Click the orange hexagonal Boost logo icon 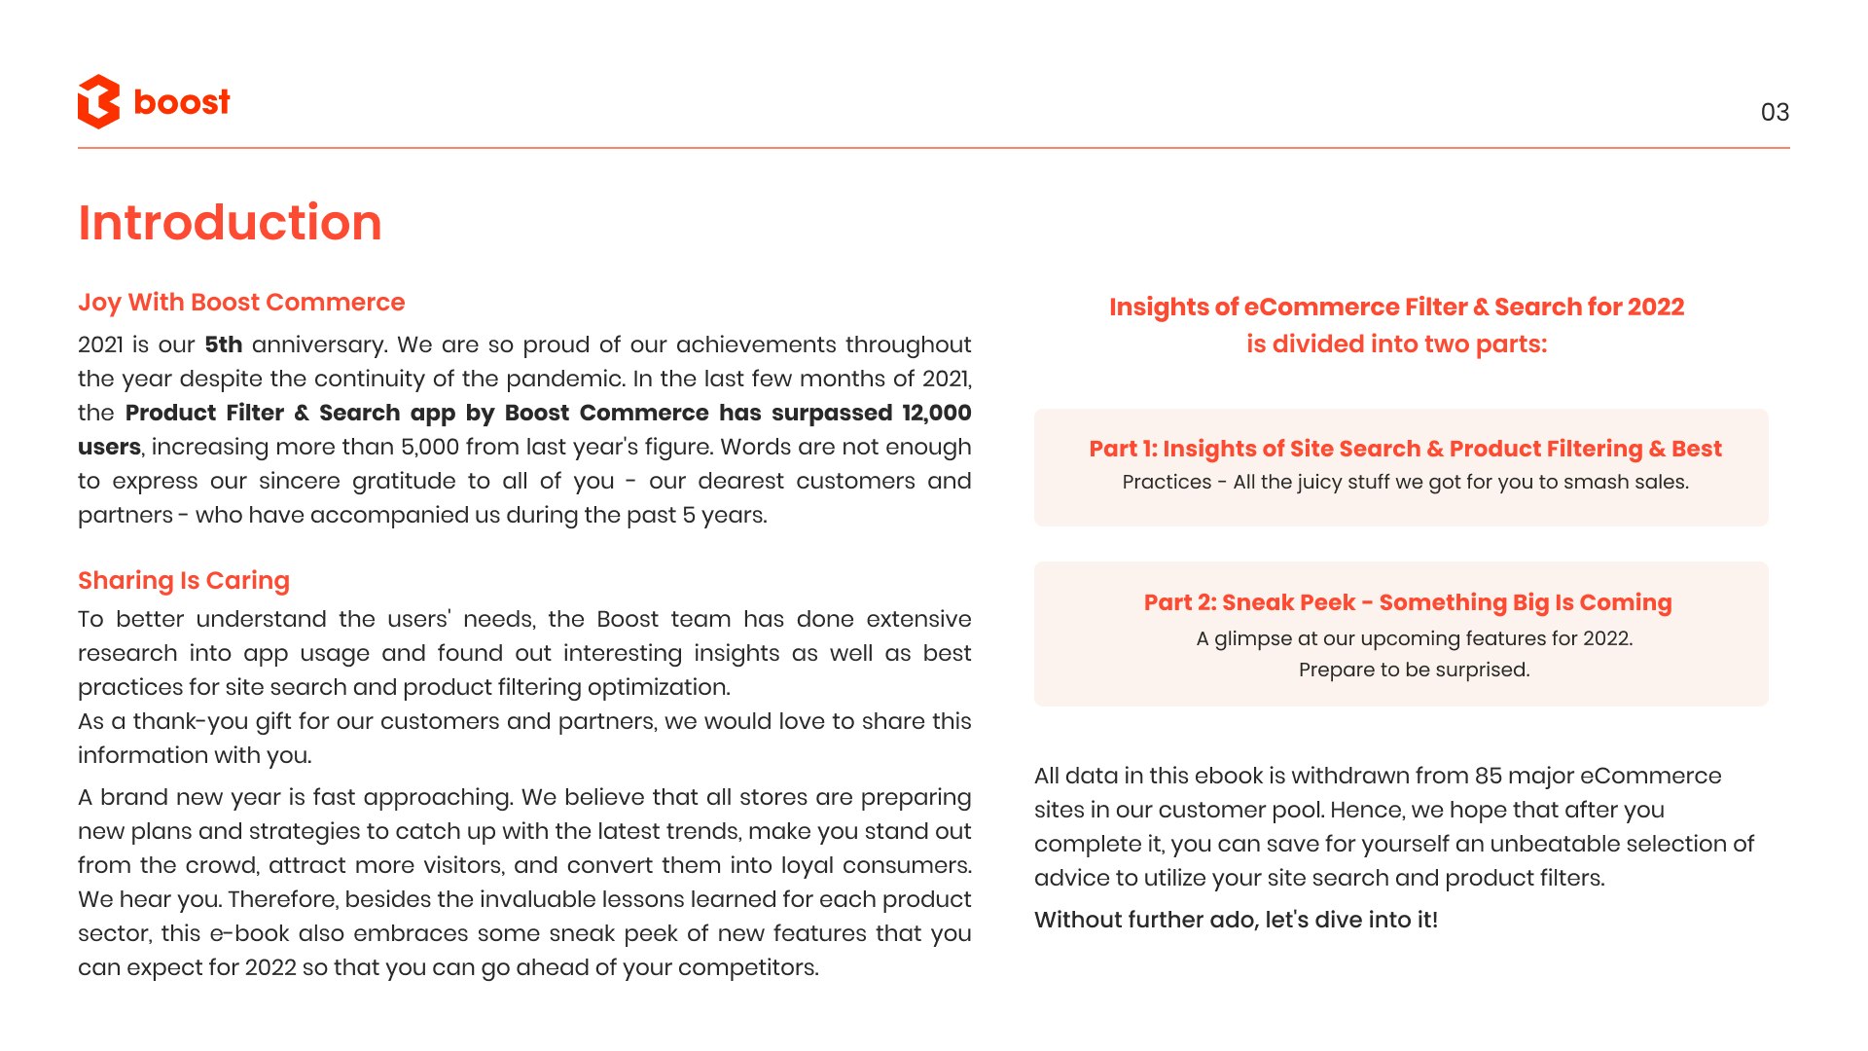pyautogui.click(x=98, y=101)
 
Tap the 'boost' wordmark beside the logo pyautogui.click(x=182, y=102)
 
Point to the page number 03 pyautogui.click(x=1775, y=113)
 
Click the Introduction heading pyautogui.click(x=230, y=223)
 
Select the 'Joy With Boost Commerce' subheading pyautogui.click(x=241, y=303)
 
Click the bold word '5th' pyautogui.click(x=223, y=345)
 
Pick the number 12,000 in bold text pyautogui.click(x=936, y=414)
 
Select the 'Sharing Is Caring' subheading pyautogui.click(x=184, y=581)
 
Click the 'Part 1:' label pyautogui.click(x=1123, y=450)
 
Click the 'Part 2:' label pyautogui.click(x=1179, y=603)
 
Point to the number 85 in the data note pyautogui.click(x=1489, y=777)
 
